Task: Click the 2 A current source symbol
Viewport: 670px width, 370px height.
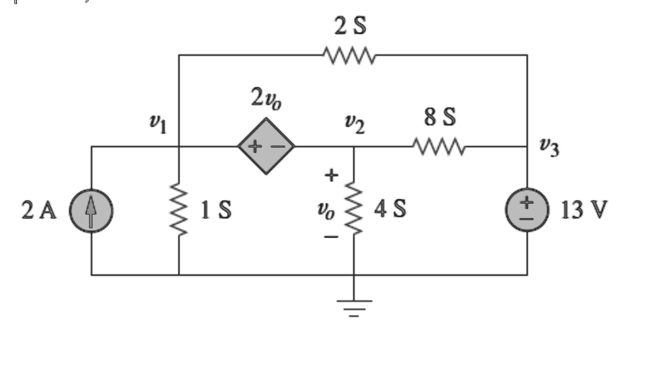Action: pos(91,211)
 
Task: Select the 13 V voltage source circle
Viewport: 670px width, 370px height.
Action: pos(527,210)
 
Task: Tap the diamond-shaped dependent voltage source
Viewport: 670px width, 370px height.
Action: pos(266,146)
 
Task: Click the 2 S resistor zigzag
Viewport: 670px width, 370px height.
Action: pos(349,56)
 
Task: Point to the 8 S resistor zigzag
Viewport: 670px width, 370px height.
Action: pos(439,147)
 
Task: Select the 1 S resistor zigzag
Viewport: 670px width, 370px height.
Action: pos(179,210)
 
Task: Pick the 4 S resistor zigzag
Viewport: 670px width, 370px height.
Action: pos(354,208)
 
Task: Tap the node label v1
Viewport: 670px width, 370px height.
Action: pos(158,124)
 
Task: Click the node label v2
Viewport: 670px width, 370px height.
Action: pos(355,124)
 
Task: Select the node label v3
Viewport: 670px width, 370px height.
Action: pos(550,147)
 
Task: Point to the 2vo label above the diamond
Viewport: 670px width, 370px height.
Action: pos(266,98)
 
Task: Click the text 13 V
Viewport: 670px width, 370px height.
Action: pos(584,210)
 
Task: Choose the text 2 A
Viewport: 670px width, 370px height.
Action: pos(39,210)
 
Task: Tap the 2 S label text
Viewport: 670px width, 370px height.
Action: pos(351,26)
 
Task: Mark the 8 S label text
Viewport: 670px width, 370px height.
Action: pos(440,117)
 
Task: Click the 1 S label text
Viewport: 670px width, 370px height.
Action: pos(216,210)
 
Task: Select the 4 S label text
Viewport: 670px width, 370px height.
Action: pos(390,208)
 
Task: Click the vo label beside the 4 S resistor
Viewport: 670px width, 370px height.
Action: pos(326,210)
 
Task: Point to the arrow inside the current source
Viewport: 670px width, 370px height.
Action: pos(90,212)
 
